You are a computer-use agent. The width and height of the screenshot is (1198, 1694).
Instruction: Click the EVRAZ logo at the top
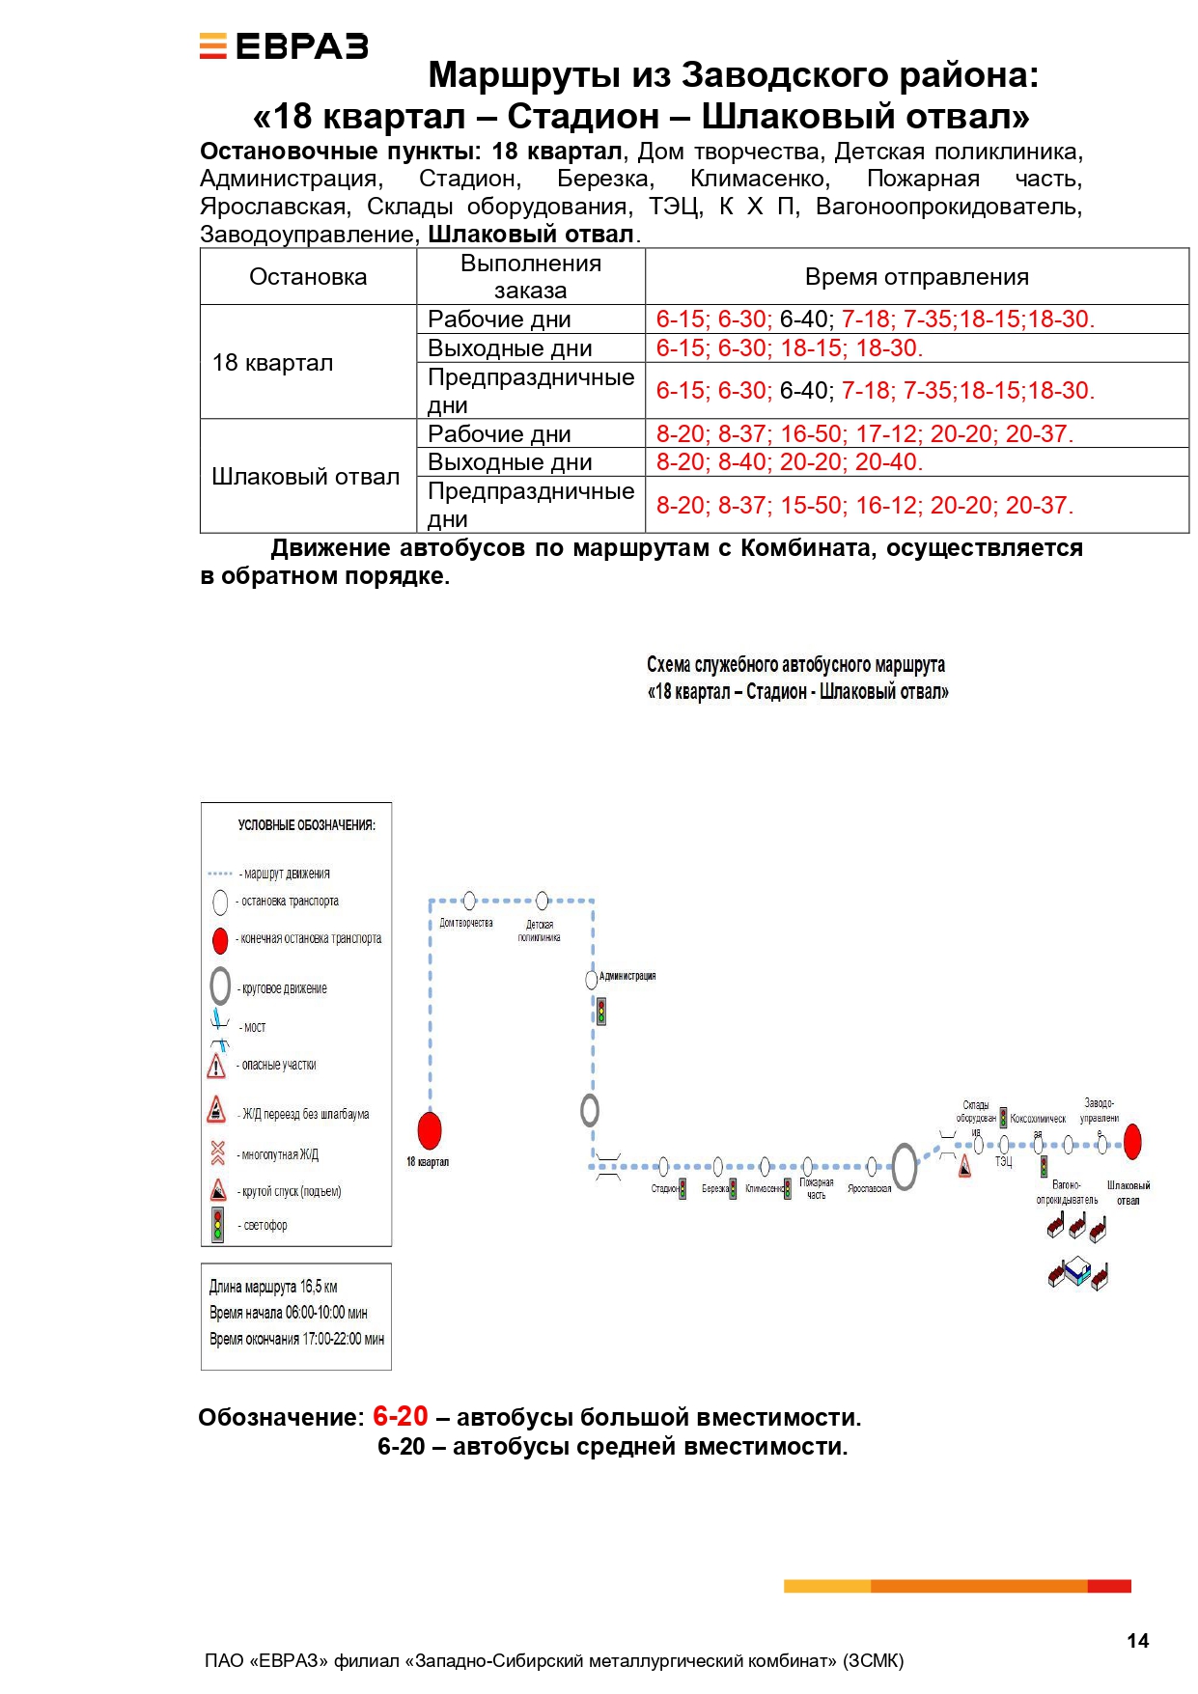tap(284, 46)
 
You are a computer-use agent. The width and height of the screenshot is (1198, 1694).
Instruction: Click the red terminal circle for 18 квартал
tap(430, 1130)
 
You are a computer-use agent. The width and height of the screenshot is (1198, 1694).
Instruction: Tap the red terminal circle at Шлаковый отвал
tap(1132, 1141)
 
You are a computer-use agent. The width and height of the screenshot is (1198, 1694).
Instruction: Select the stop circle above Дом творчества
tap(469, 901)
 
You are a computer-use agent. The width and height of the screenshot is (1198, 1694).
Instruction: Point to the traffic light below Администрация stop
tap(600, 1011)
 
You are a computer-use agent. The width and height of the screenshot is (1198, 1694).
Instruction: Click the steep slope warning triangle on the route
tap(964, 1168)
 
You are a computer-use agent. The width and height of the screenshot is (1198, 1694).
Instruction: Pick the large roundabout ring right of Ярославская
tap(904, 1166)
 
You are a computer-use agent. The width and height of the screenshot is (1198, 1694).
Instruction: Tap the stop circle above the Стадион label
tap(663, 1167)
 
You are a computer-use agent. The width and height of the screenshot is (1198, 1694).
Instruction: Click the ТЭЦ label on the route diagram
tap(1004, 1162)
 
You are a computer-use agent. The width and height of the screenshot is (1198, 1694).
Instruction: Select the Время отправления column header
tap(916, 277)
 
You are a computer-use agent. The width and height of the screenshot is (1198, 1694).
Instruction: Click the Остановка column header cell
tap(308, 277)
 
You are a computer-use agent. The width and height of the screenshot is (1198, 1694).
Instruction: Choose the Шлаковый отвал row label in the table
tap(306, 477)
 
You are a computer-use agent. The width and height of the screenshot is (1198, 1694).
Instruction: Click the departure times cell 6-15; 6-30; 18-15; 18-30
tap(789, 348)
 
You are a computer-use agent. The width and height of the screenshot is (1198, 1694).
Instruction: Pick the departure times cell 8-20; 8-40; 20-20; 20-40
tap(789, 462)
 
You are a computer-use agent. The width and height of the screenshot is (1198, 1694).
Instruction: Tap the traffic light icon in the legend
tap(218, 1225)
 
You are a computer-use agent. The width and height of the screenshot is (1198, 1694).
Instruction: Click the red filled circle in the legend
tap(220, 939)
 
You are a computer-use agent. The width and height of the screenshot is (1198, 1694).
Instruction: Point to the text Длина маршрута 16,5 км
tap(273, 1287)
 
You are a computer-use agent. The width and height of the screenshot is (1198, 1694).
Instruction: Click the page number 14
tap(1137, 1641)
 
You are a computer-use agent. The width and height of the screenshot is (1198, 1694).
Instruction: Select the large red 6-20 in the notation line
tap(400, 1416)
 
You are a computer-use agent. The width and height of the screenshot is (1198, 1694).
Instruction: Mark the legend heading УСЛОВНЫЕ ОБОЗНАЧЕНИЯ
tap(306, 825)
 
